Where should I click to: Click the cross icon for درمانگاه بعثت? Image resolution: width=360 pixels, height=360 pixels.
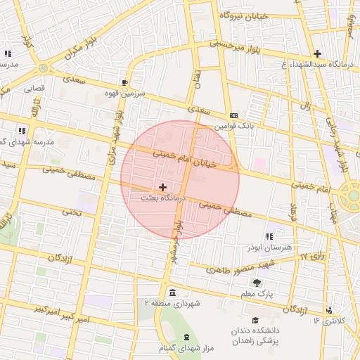(x=164, y=187)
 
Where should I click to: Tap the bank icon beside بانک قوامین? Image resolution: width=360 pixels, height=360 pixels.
(x=233, y=116)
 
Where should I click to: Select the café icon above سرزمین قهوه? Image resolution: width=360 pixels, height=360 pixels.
(x=124, y=82)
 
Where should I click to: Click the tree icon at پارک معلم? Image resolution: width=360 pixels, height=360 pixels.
(x=256, y=283)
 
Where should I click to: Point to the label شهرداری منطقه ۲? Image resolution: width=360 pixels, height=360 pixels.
(x=173, y=302)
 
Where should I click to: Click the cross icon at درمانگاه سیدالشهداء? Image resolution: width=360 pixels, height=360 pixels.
(x=318, y=53)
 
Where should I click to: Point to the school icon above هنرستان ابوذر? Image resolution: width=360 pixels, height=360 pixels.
(x=269, y=237)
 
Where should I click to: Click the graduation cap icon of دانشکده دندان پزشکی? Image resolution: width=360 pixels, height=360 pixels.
(x=255, y=321)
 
